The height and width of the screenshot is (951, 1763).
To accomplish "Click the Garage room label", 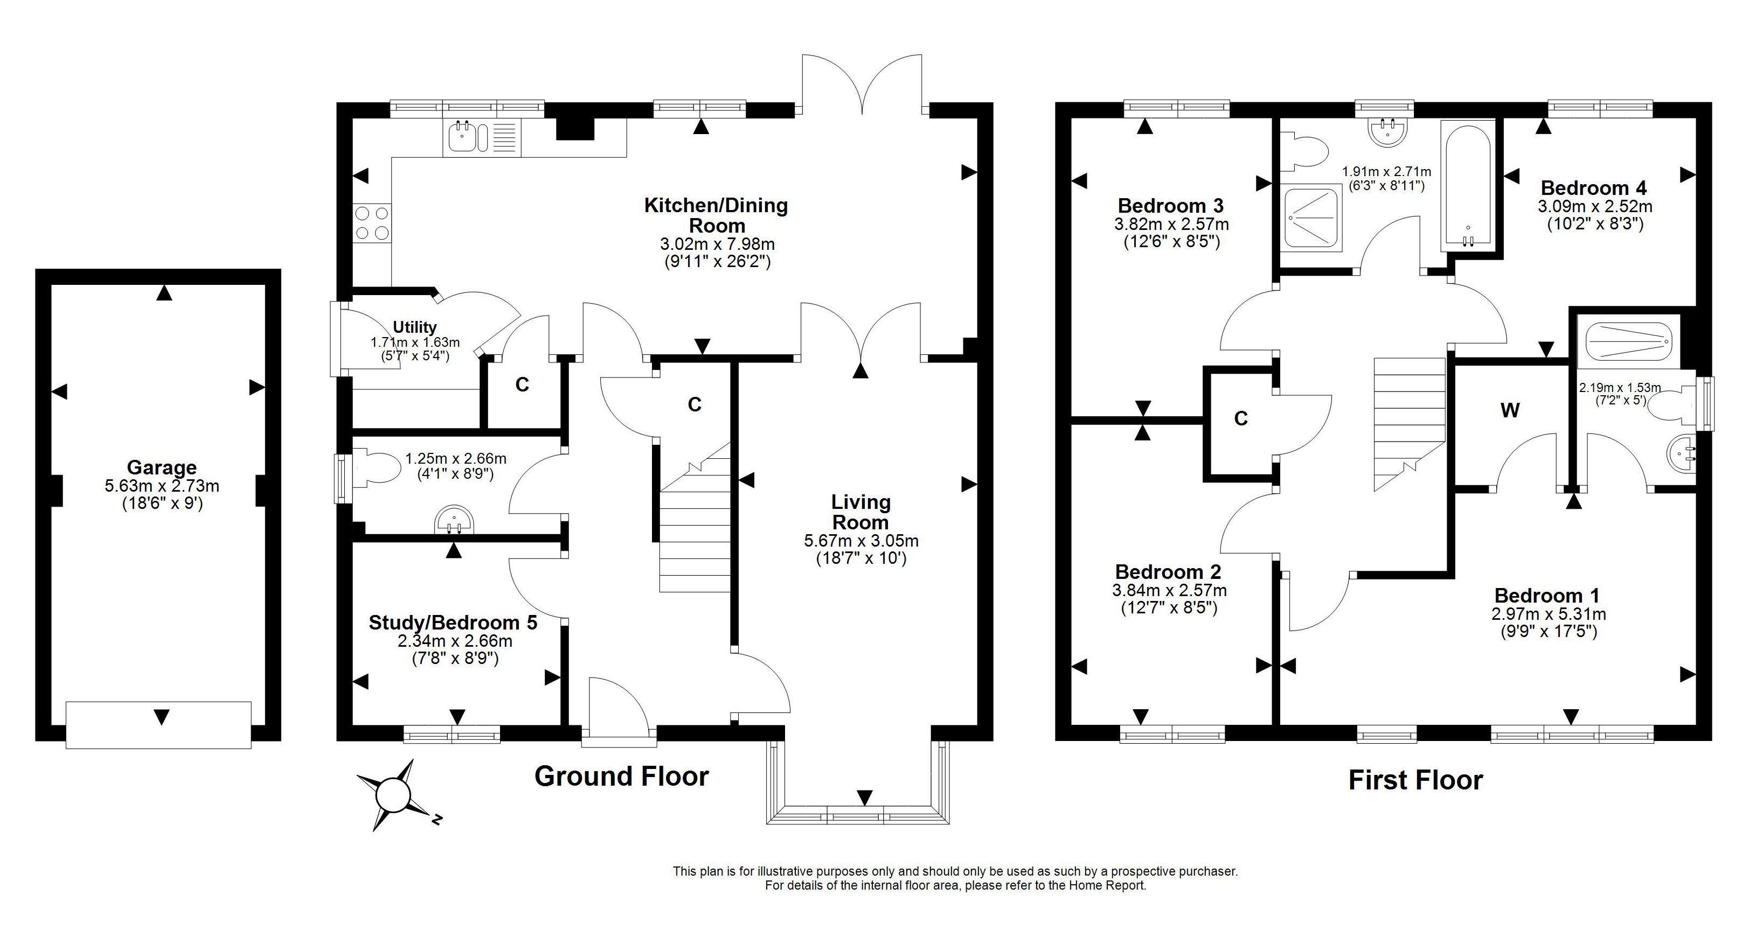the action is (162, 468).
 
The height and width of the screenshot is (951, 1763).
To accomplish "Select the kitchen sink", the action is (468, 137).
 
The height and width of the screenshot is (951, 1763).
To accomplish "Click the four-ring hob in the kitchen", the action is (372, 223).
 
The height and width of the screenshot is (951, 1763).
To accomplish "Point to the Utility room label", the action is (415, 327).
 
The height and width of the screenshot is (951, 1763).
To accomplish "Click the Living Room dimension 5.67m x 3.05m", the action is (861, 541).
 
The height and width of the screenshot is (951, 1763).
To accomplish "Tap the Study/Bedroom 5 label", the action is (453, 623).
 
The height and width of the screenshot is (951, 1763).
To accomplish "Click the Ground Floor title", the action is (621, 777).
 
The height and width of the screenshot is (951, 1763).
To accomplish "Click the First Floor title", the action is (1415, 780).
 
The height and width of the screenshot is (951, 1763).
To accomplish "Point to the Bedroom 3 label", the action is (1171, 205).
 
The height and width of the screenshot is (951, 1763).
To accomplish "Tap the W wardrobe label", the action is (1510, 410).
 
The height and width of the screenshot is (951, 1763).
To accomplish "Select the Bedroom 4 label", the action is (1594, 187).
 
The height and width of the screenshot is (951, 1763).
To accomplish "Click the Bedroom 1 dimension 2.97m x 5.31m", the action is (1549, 614).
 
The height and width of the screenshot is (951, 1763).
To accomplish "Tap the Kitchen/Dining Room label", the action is (716, 215).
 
